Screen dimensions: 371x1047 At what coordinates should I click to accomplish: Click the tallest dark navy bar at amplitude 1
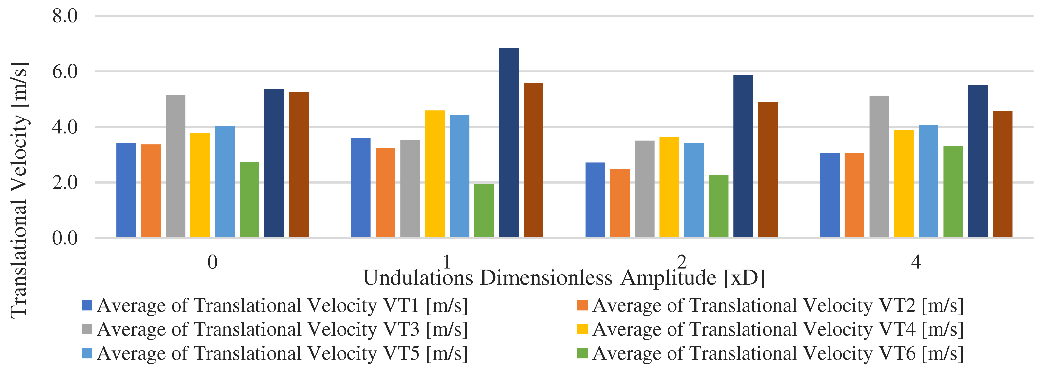tap(509, 142)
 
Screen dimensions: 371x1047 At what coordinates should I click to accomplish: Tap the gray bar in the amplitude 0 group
tap(175, 166)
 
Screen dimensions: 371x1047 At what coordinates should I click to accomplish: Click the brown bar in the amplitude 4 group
tap(1002, 174)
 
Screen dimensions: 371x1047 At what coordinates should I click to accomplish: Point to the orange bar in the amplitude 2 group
tap(619, 203)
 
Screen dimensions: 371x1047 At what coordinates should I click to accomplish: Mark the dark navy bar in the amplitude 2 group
tap(743, 156)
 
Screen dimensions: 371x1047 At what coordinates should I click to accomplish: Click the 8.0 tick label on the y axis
tap(65, 16)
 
